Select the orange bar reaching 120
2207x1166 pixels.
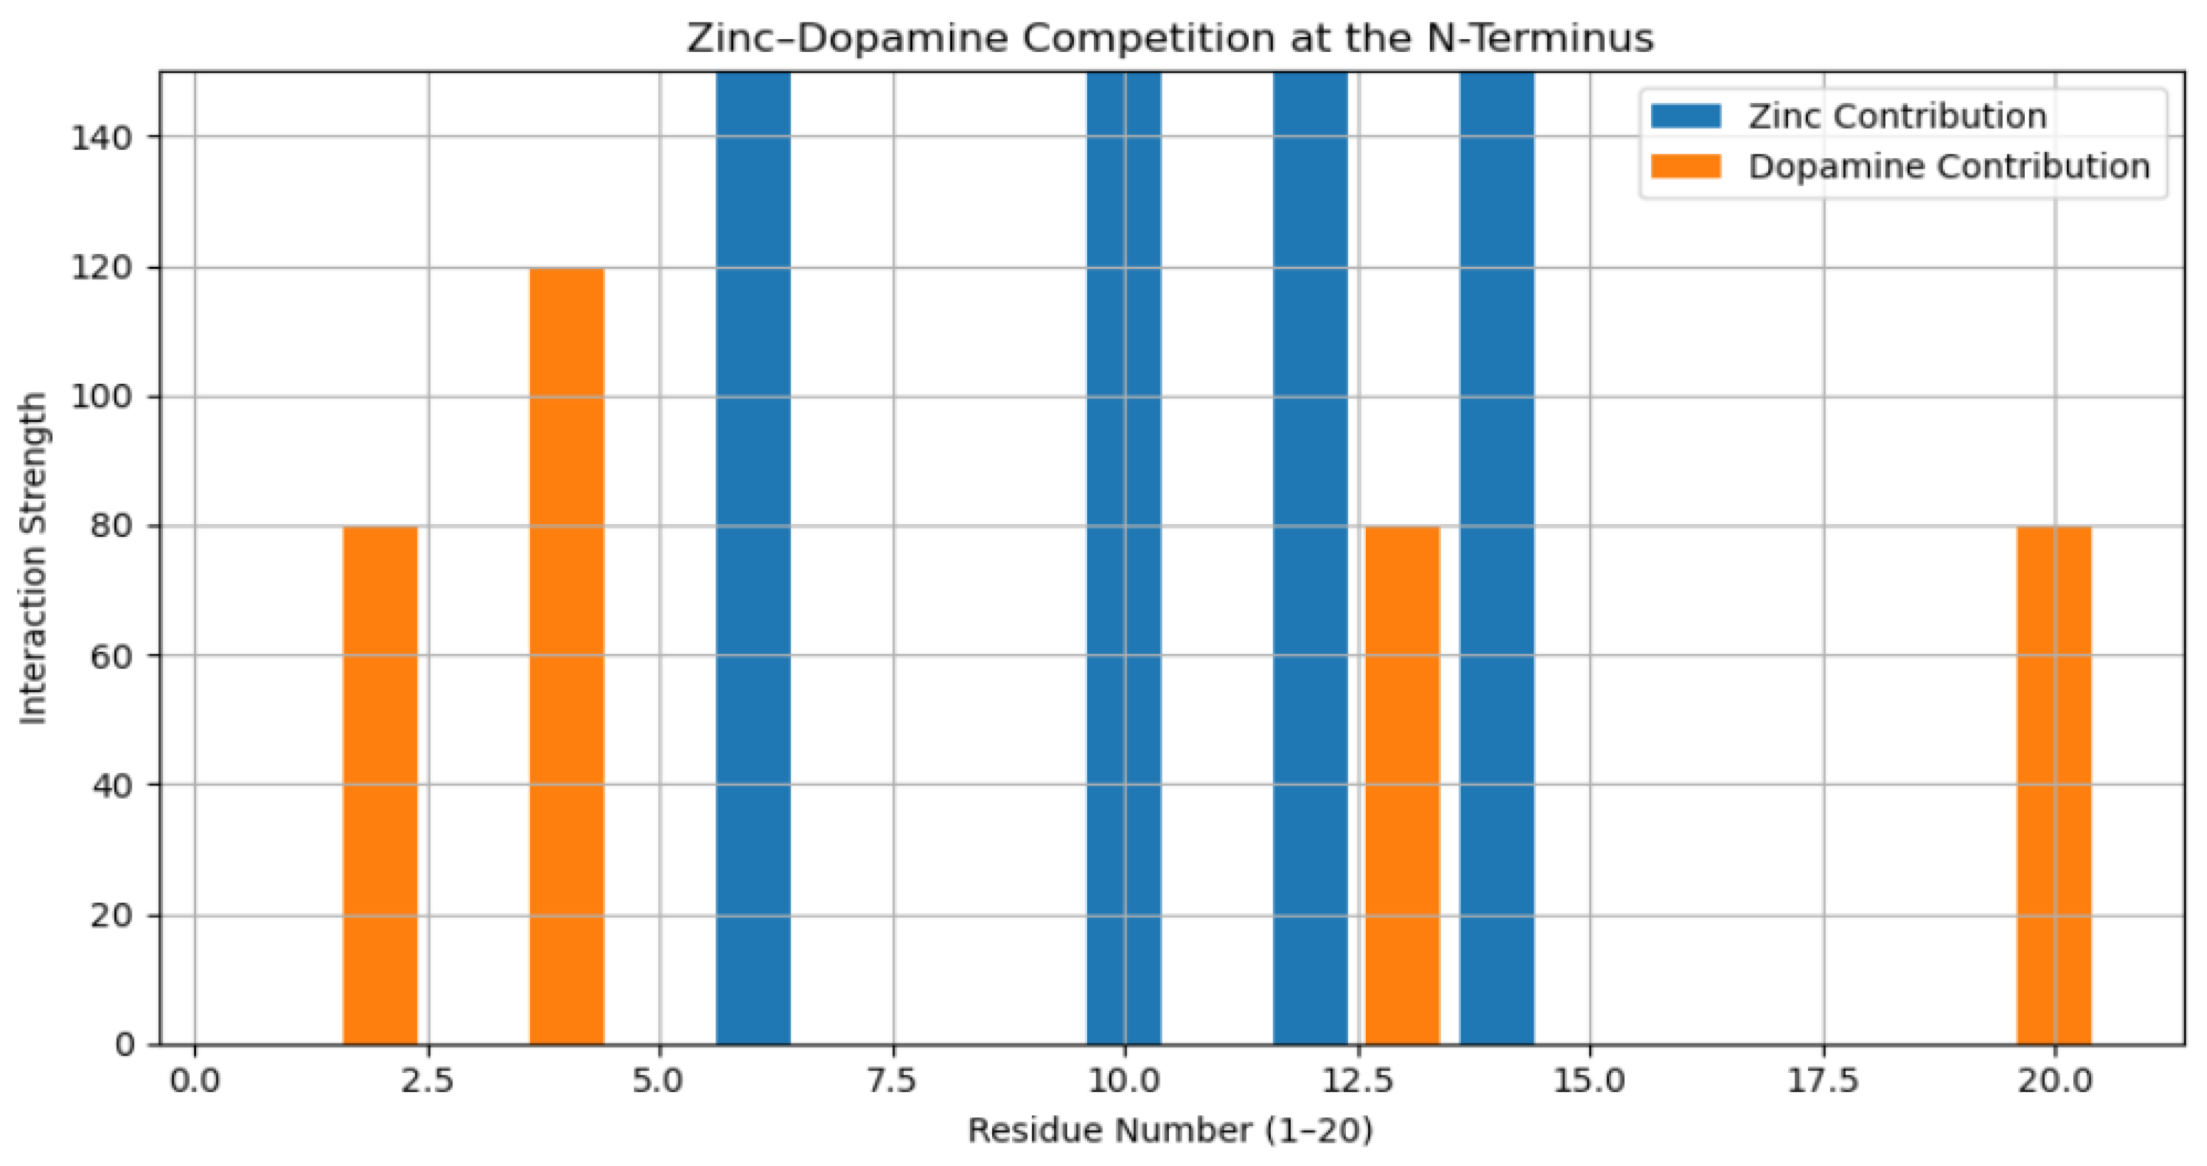(x=567, y=656)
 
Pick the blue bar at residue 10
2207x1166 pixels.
(x=1123, y=557)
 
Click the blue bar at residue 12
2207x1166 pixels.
(x=1309, y=557)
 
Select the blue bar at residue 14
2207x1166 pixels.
(x=1496, y=557)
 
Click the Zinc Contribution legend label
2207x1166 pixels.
(x=1897, y=116)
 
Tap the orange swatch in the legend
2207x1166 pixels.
(x=1685, y=166)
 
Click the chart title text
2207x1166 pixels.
(x=1170, y=39)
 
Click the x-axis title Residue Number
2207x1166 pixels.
(x=1170, y=1131)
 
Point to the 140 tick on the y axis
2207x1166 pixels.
(x=101, y=137)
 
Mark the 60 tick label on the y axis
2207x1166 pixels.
(x=111, y=656)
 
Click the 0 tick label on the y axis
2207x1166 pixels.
(x=124, y=1044)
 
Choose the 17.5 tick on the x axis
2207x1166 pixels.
(x=1821, y=1081)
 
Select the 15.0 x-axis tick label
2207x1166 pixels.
(x=1589, y=1081)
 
